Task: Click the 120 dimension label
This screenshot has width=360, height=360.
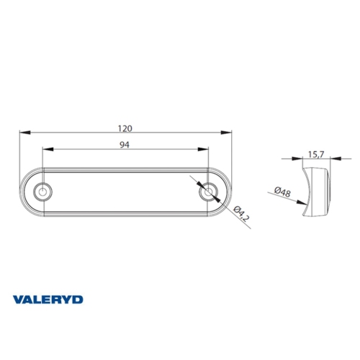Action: pos(125,128)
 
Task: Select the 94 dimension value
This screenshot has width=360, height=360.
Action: pos(125,145)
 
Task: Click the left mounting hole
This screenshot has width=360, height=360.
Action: pos(43,192)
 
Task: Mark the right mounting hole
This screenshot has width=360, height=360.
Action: pos(208,192)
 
